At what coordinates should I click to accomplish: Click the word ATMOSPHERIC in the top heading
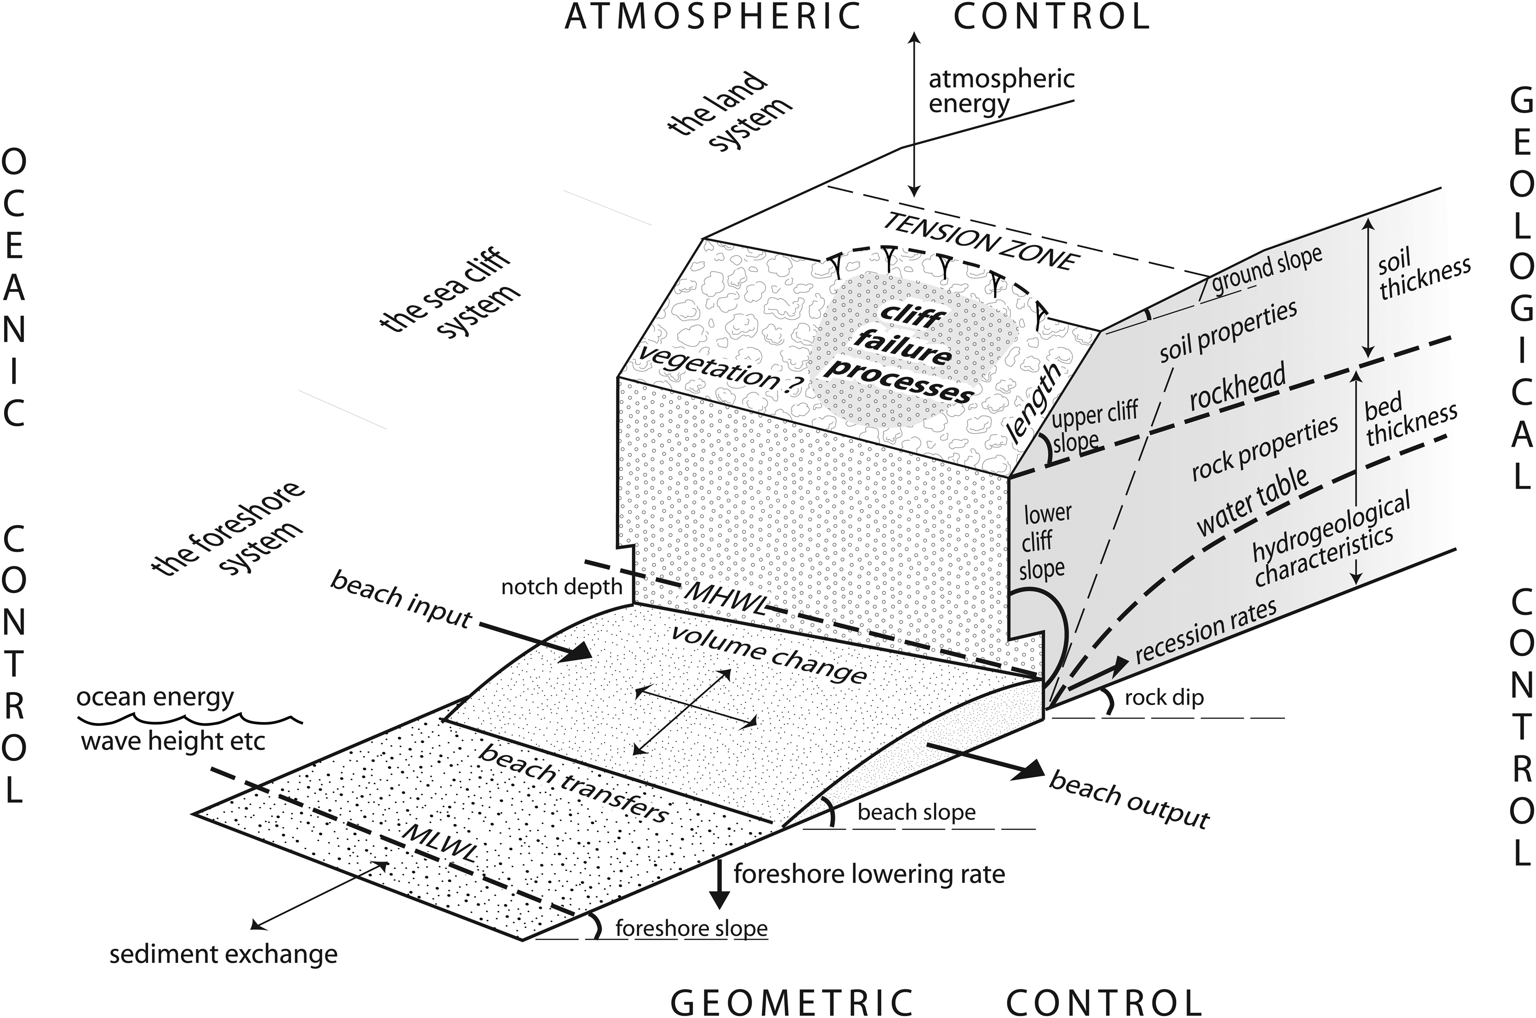tap(712, 17)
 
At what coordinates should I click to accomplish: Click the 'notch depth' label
tap(562, 587)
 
